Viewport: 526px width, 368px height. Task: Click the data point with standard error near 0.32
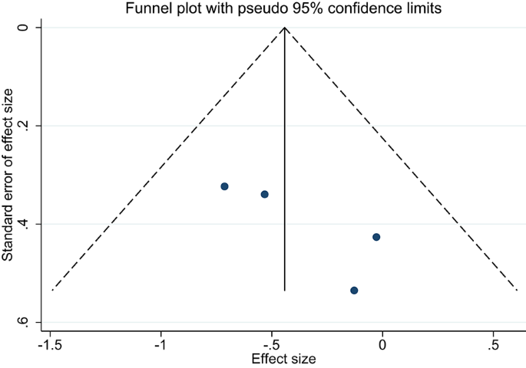pyautogui.click(x=224, y=186)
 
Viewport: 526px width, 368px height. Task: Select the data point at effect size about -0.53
pyautogui.click(x=264, y=194)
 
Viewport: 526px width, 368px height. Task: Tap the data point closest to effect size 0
pyautogui.click(x=376, y=237)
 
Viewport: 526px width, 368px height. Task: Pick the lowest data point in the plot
pyautogui.click(x=354, y=290)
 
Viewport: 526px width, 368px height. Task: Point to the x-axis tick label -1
pyautogui.click(x=161, y=344)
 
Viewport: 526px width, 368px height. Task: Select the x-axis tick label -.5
pyautogui.click(x=271, y=344)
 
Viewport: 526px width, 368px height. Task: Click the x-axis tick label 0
pyautogui.click(x=382, y=344)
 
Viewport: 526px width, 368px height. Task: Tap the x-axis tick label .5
pyautogui.click(x=492, y=344)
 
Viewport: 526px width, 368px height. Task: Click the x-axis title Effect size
pyautogui.click(x=284, y=358)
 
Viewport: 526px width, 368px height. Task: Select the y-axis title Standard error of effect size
pyautogui.click(x=8, y=175)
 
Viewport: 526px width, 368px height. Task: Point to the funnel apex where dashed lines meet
pyautogui.click(x=285, y=28)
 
